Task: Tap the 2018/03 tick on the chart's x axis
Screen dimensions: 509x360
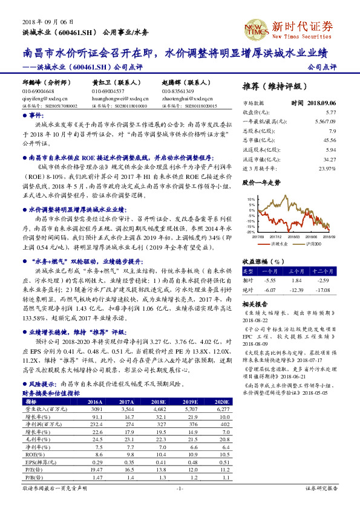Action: pyautogui.click(x=293, y=236)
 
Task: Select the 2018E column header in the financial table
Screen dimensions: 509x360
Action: pyautogui.click(x=158, y=401)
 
